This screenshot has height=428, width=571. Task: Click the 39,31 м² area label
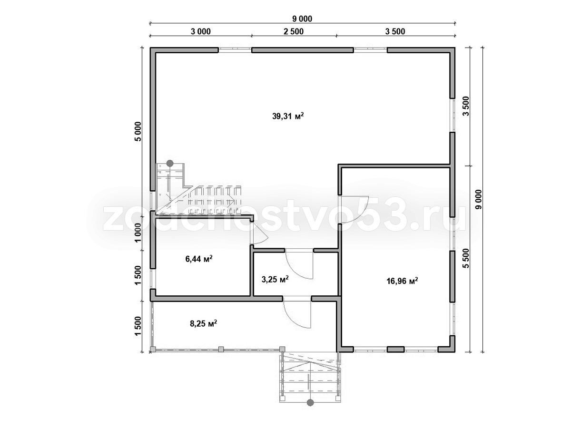288,116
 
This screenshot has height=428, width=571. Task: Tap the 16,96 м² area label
402,281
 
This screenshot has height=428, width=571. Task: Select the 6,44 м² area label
199,259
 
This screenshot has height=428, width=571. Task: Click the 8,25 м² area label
204,323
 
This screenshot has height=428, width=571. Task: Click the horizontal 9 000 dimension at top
302,19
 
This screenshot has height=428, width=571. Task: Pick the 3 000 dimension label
201,31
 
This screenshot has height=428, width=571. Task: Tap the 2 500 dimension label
294,31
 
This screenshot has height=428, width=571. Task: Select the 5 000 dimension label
138,132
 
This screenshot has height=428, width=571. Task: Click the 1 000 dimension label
138,233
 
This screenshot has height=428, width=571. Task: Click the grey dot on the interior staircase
170,163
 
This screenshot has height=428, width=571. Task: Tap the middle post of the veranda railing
221,349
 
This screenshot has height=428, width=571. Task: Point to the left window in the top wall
235,50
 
